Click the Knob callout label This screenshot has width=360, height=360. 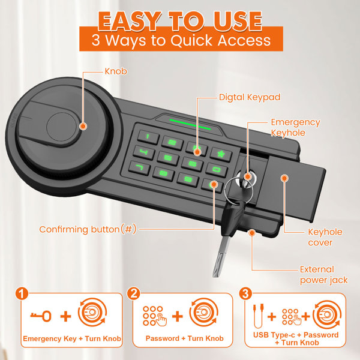pyautogui.click(x=116, y=71)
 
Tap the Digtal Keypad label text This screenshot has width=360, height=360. pyautogui.click(x=250, y=97)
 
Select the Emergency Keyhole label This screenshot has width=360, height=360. pyautogui.click(x=295, y=127)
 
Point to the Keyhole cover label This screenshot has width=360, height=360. pyautogui.click(x=325, y=237)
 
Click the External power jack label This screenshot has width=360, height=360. pyautogui.click(x=324, y=275)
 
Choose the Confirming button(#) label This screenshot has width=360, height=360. pyautogui.click(x=88, y=229)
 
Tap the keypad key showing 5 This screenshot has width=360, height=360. pyautogui.click(x=168, y=158)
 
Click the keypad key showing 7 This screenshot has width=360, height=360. pyautogui.click(x=139, y=167)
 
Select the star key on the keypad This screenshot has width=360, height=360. pyautogui.click(x=221, y=154)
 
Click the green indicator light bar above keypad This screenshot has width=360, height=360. pyautogui.click(x=190, y=124)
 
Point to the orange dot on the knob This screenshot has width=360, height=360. pyautogui.click(x=83, y=126)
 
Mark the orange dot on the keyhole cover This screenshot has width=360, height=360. pyautogui.click(x=284, y=178)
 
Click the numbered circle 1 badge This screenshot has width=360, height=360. pyautogui.click(x=22, y=293)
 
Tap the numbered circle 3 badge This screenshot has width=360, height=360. pyautogui.click(x=245, y=293)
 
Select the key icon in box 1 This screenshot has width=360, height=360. pyautogui.click(x=41, y=316)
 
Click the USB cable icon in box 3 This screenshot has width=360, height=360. pyautogui.click(x=258, y=316)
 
